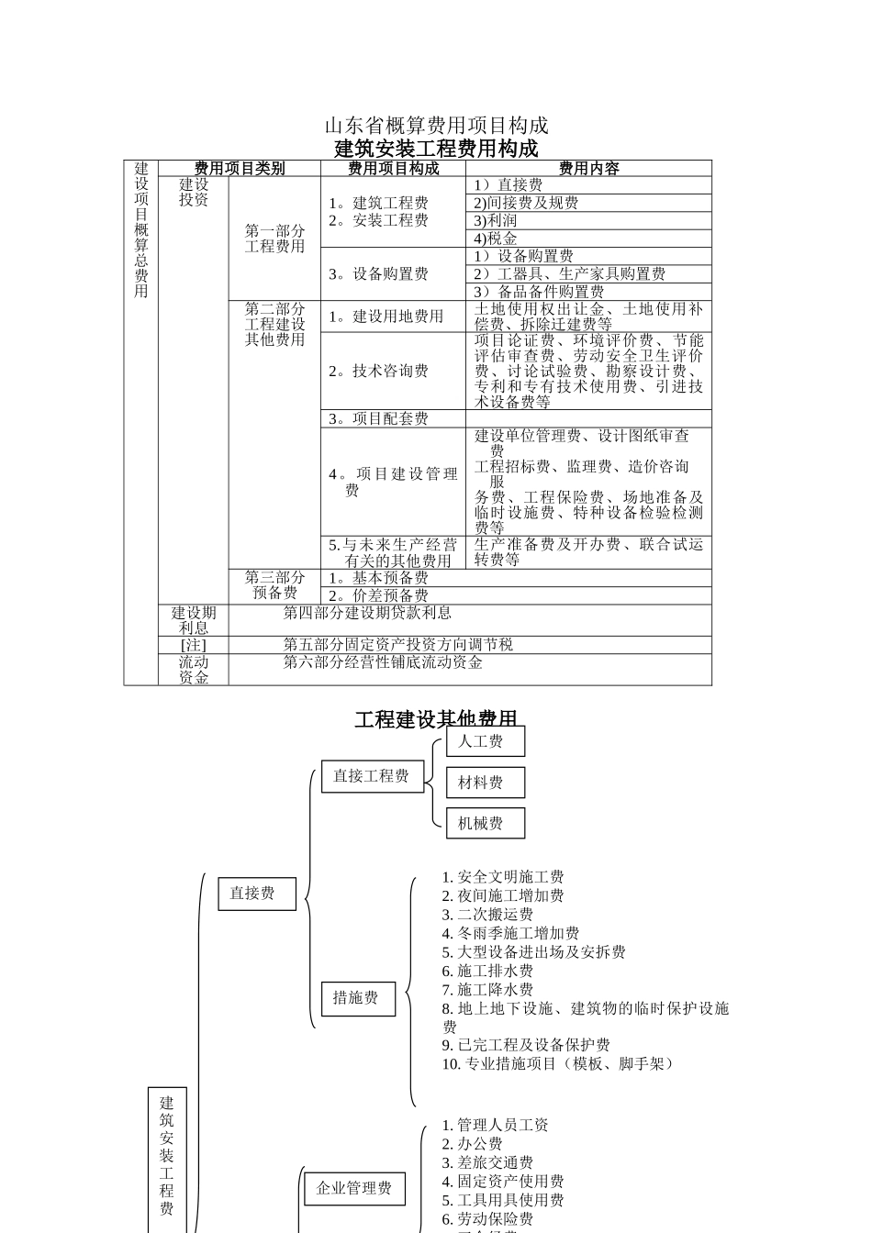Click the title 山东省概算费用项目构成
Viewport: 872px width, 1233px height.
pyautogui.click(x=436, y=125)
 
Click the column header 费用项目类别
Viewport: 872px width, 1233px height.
pyautogui.click(x=240, y=169)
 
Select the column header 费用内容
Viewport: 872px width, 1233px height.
pyautogui.click(x=588, y=169)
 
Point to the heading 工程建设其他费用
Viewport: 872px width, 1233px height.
pyautogui.click(x=436, y=719)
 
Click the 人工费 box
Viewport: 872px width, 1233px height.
pyautogui.click(x=486, y=741)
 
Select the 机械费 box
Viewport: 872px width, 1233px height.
pyautogui.click(x=486, y=823)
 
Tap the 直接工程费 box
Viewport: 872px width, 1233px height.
pyautogui.click(x=371, y=776)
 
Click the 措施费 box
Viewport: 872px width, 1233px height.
pyautogui.click(x=357, y=997)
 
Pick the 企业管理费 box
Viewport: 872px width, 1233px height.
pyautogui.click(x=353, y=1188)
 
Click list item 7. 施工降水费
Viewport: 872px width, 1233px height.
pyautogui.click(x=487, y=990)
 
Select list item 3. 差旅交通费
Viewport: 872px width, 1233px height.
pyautogui.click(x=487, y=1162)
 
